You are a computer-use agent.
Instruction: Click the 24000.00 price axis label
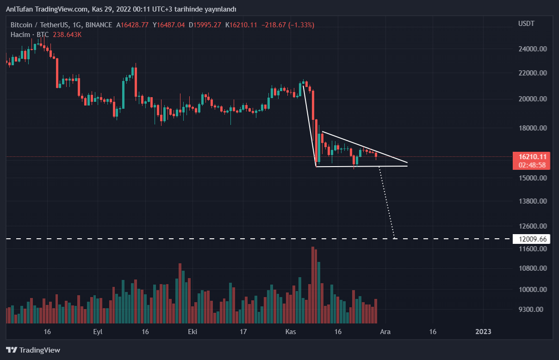[x=533, y=49]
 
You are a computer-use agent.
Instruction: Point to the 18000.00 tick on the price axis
[x=533, y=128]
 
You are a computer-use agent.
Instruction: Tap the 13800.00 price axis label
[x=533, y=201]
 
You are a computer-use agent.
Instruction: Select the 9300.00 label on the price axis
[x=533, y=309]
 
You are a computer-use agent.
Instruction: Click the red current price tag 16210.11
[x=532, y=157]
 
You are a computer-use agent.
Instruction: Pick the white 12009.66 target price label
[x=532, y=239]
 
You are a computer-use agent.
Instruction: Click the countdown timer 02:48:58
[x=532, y=165]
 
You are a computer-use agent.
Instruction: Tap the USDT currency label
[x=527, y=24]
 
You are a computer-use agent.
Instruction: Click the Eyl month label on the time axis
[x=98, y=332]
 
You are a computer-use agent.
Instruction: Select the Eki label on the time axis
[x=193, y=332]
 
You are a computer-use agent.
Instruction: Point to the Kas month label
[x=291, y=332]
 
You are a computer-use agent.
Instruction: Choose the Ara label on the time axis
[x=385, y=332]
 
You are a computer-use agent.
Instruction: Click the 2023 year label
[x=483, y=332]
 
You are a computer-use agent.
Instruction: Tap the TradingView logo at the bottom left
[x=33, y=350]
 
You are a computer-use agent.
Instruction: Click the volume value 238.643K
[x=66, y=35]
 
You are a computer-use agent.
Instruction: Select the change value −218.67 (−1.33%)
[x=287, y=25]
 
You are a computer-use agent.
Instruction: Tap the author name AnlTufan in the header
[x=19, y=9]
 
